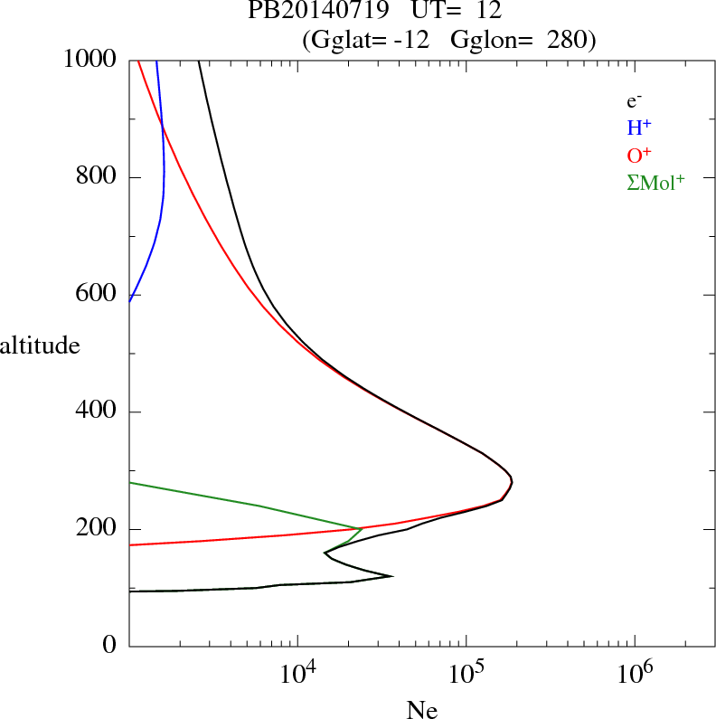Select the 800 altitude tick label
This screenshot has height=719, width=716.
point(98,177)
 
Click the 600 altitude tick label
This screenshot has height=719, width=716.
point(98,295)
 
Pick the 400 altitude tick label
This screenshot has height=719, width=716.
point(98,412)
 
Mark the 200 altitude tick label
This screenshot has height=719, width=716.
point(98,529)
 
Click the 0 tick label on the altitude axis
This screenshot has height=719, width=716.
point(110,646)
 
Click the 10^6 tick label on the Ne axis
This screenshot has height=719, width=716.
point(634,675)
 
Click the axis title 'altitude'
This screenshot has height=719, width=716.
point(40,345)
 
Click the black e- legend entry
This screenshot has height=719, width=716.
point(634,102)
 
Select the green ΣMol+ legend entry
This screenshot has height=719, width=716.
point(655,183)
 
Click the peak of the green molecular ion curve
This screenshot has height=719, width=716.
point(362,528)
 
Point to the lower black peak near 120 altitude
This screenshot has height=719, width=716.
point(391,575)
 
